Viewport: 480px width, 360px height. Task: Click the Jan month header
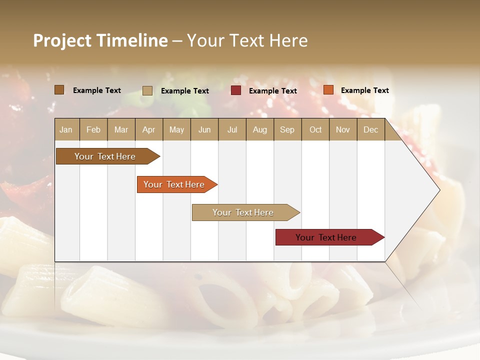pyautogui.click(x=66, y=130)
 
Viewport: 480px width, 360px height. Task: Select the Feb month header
pyautogui.click(x=93, y=130)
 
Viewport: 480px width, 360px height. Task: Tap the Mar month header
pyautogui.click(x=121, y=130)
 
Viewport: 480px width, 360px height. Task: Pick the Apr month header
pyautogui.click(x=148, y=130)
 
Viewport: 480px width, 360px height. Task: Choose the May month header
pyautogui.click(x=176, y=130)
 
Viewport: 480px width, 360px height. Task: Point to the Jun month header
pyautogui.click(x=204, y=130)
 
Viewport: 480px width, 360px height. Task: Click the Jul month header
pyautogui.click(x=232, y=130)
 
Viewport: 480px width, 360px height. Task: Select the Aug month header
pyautogui.click(x=260, y=130)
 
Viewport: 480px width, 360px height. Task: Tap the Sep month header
pyautogui.click(x=287, y=130)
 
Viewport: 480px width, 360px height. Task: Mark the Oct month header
pyautogui.click(x=315, y=130)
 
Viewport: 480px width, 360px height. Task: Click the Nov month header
pyautogui.click(x=343, y=130)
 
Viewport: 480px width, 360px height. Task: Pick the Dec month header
pyautogui.click(x=370, y=130)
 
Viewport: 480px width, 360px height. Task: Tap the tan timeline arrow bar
pyautogui.click(x=243, y=212)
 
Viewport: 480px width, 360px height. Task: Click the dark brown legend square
pyautogui.click(x=59, y=90)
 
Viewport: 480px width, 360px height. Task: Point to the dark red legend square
pyautogui.click(x=236, y=90)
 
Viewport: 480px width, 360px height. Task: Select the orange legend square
pyautogui.click(x=328, y=90)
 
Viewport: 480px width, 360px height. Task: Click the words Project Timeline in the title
pyautogui.click(x=100, y=40)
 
